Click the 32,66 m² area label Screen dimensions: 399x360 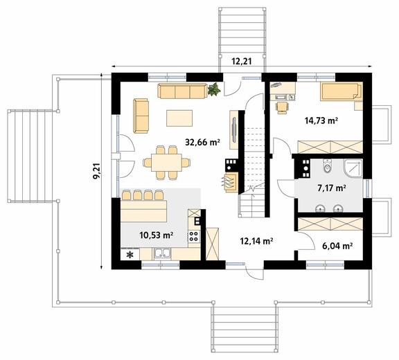coord(202,142)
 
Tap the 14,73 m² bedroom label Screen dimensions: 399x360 coord(321,120)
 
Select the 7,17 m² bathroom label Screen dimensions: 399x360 coord(332,188)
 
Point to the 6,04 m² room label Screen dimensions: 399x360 coord(337,246)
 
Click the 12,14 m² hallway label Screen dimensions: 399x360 coord(257,241)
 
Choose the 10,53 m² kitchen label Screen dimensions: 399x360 coord(157,235)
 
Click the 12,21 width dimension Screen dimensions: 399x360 coord(242,62)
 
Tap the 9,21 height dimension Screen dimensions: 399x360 coord(97,172)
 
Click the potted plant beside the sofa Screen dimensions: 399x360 coord(214,89)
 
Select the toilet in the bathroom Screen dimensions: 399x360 coord(327,166)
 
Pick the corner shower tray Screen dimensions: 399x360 coord(353,168)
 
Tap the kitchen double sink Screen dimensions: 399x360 coord(163,253)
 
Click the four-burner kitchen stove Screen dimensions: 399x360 coord(194,236)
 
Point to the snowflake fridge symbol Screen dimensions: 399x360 coord(130,255)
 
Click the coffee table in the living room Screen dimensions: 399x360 coord(179,118)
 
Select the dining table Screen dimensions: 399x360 coord(166,162)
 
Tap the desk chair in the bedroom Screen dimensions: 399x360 coord(283,107)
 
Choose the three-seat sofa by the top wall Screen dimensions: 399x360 coord(182,91)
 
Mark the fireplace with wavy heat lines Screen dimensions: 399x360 coord(231,182)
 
